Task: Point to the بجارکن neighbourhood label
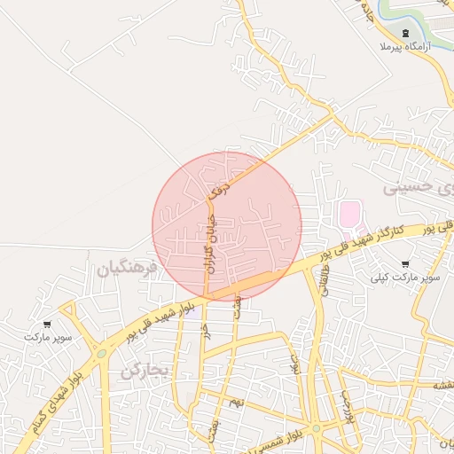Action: pyautogui.click(x=145, y=370)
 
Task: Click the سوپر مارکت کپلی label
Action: pyautogui.click(x=406, y=278)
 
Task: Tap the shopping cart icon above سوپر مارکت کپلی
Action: pyautogui.click(x=406, y=264)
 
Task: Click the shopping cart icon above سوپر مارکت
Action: pyautogui.click(x=46, y=325)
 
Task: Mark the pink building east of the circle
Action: pyautogui.click(x=350, y=214)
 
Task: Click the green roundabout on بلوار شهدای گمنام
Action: pyautogui.click(x=102, y=354)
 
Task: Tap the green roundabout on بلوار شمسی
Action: pyautogui.click(x=317, y=428)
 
